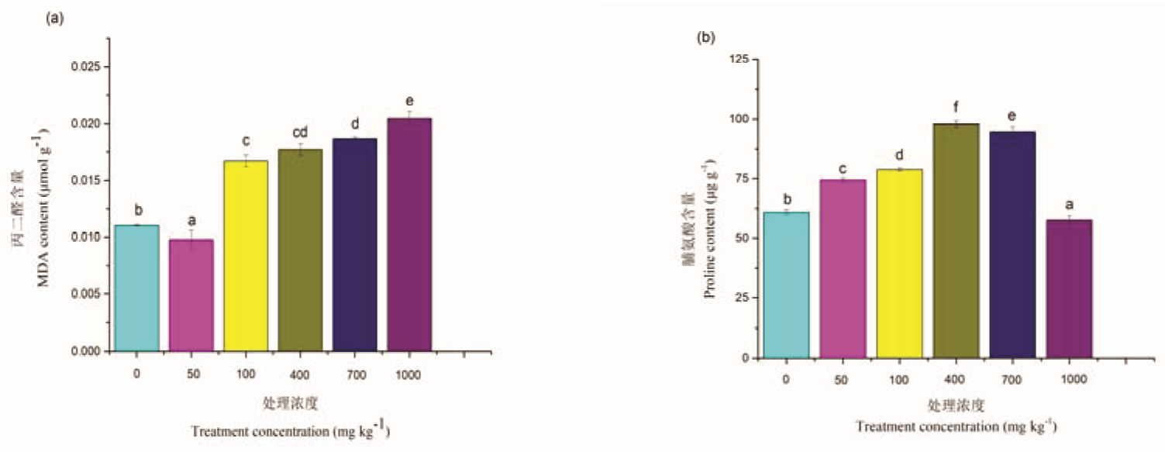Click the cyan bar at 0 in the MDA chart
pyautogui.click(x=136, y=288)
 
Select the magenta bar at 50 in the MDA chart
pyautogui.click(x=191, y=295)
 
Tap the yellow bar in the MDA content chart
pyautogui.click(x=246, y=256)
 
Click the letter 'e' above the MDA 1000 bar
pyautogui.click(x=409, y=101)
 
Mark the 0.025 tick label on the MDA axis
pyautogui.click(x=85, y=67)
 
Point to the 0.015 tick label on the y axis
pyautogui.click(x=85, y=181)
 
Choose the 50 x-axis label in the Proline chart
pyautogui.click(x=842, y=380)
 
